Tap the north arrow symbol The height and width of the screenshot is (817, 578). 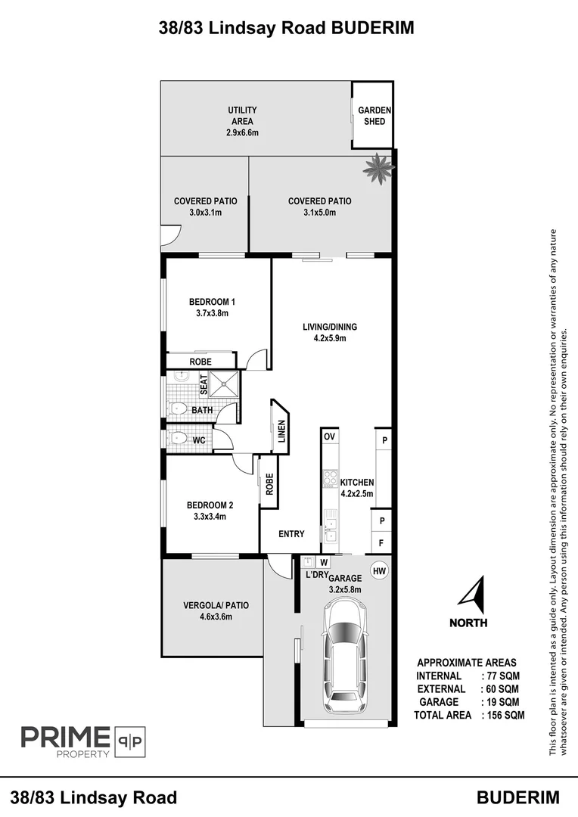point(474,595)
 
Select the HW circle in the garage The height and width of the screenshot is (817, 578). point(380,571)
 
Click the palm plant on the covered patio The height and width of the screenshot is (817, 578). point(379,168)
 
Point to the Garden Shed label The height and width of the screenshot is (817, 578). point(374,116)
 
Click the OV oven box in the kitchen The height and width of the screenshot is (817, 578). point(329,436)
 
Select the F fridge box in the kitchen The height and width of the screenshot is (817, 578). point(381,543)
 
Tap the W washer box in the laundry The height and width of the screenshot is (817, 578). point(324,562)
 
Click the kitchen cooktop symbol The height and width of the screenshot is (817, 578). point(330,478)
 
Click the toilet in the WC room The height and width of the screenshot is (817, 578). point(177,438)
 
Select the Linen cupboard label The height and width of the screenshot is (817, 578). point(281,431)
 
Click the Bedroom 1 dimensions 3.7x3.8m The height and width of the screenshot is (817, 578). point(212,313)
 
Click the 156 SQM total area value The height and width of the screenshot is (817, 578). point(505,715)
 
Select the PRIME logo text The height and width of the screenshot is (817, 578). point(66,737)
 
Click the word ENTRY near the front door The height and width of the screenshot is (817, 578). point(291,533)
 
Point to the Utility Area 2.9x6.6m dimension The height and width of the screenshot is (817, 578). point(242,132)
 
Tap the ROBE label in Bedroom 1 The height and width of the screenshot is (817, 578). point(200,362)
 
